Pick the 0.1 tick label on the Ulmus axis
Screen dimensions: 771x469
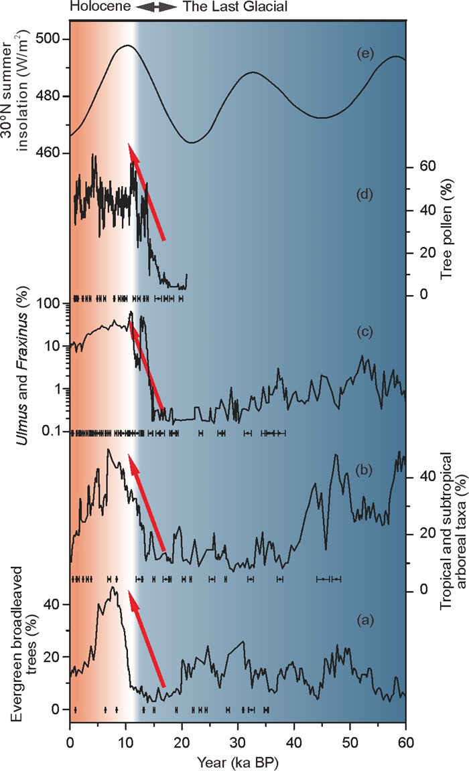tap(53, 432)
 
